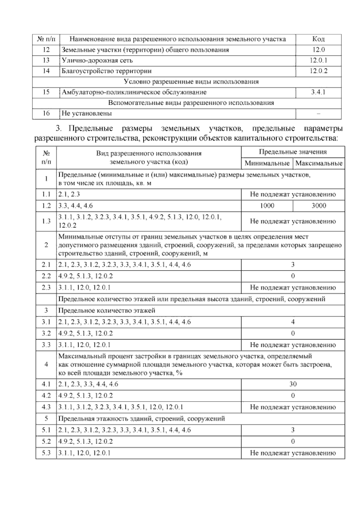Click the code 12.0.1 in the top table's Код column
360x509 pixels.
[x=318, y=60]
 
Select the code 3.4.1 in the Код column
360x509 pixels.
[x=318, y=92]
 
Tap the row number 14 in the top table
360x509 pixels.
[x=46, y=71]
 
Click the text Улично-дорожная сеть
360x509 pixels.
[x=97, y=60]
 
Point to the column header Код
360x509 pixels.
[x=318, y=39]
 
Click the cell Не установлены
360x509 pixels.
[x=87, y=113]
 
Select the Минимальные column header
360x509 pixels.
[x=267, y=163]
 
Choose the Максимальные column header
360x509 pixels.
[x=319, y=163]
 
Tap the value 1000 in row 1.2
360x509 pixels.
[x=267, y=206]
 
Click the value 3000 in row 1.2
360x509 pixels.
[x=319, y=206]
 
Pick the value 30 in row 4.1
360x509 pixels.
[x=293, y=384]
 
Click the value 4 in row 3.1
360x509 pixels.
[x=293, y=322]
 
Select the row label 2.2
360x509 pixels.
[x=46, y=276]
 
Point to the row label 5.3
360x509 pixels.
[x=46, y=453]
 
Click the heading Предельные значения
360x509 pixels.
[x=293, y=152]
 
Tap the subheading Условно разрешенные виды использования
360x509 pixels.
[x=191, y=82]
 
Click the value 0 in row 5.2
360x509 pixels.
[x=293, y=441]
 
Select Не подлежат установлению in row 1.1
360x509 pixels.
[x=293, y=194]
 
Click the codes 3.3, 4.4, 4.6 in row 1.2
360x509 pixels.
[x=76, y=206]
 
